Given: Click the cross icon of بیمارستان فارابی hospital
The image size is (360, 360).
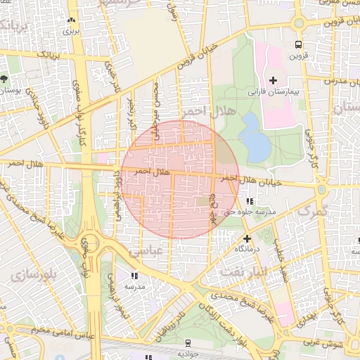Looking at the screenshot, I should click(273, 80).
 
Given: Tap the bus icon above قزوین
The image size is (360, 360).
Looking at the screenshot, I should click(298, 43).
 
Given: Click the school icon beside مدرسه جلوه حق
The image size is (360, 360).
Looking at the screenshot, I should click(250, 202).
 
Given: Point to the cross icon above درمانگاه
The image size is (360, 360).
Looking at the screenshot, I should click(247, 238).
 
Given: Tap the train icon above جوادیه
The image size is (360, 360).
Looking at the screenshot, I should click(188, 342).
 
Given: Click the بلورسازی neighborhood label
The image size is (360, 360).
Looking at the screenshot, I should click(37, 273).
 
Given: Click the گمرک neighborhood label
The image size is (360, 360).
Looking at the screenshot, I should click(313, 210).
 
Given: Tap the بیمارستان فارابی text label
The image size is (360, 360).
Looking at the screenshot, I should click(274, 92).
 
